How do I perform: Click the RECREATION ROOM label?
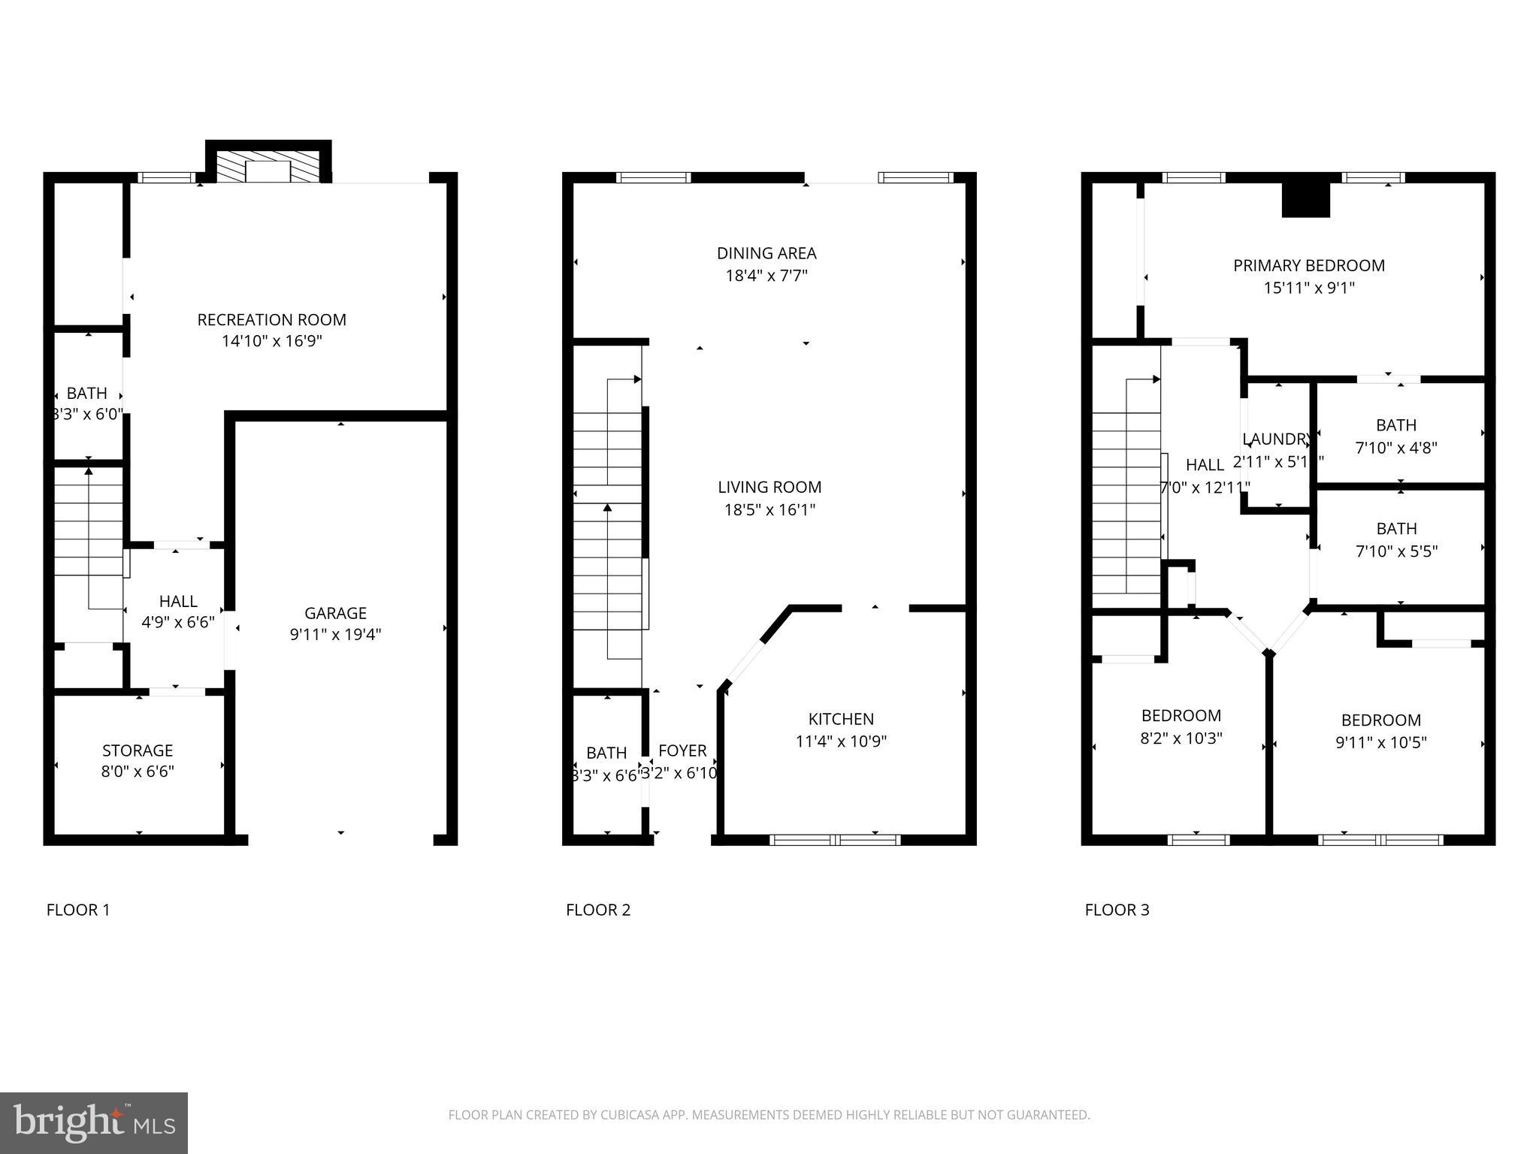(x=271, y=320)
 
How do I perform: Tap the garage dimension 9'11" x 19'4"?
(x=335, y=635)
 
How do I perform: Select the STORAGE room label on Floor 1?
(x=138, y=751)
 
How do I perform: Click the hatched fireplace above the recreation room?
(x=268, y=170)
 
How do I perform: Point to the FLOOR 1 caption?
(x=78, y=911)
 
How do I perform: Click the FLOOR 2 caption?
(x=597, y=911)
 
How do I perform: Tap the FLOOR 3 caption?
(x=1117, y=911)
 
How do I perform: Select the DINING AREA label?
(x=766, y=253)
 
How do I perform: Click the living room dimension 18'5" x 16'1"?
(x=769, y=510)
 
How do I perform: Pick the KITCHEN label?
(x=841, y=719)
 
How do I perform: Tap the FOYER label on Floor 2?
(x=682, y=751)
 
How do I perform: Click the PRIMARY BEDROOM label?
(x=1308, y=265)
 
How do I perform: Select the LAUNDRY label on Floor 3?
(x=1277, y=440)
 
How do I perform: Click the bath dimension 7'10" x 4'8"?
(x=1395, y=448)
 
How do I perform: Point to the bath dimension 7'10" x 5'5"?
(x=1395, y=551)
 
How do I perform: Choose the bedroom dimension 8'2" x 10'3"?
(x=1181, y=739)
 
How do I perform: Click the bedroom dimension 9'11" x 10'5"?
(x=1380, y=743)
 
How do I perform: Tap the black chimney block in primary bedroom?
(x=1305, y=201)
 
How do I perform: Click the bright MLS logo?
(x=94, y=1123)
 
